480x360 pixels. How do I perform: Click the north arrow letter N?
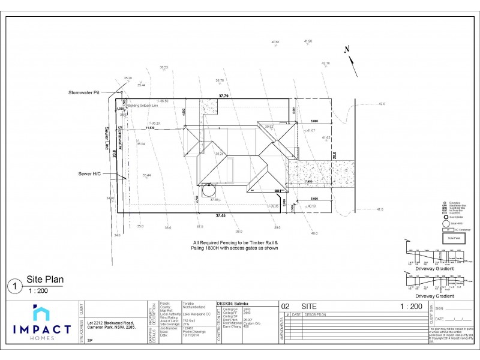[x=346, y=50]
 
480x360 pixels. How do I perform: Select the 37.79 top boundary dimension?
[x=224, y=95]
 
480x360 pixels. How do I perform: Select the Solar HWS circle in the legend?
[x=446, y=223]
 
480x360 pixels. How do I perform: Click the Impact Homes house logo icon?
[x=42, y=313]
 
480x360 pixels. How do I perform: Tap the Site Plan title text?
[x=45, y=279]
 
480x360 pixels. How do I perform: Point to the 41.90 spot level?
[x=308, y=41]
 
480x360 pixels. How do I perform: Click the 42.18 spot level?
[x=325, y=62]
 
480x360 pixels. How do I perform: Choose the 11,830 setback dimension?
[x=151, y=128]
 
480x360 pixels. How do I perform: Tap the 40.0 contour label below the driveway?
[x=314, y=233]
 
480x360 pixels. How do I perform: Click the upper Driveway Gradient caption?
[x=433, y=269]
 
